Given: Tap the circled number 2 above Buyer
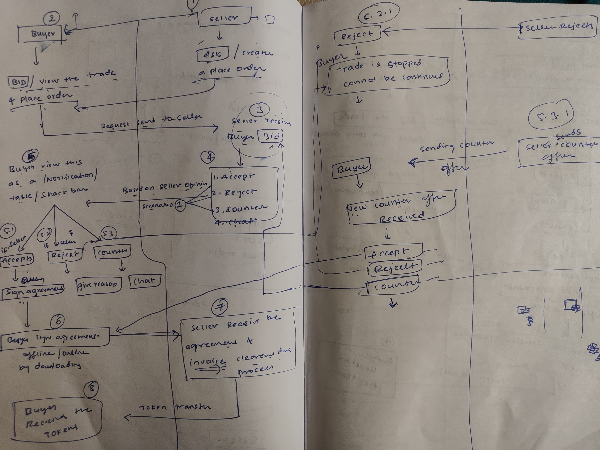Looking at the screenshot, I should click(52, 18).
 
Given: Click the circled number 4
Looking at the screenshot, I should click(208, 157).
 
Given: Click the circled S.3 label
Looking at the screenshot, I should click(109, 233).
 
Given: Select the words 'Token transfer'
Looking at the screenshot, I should click(175, 407).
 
